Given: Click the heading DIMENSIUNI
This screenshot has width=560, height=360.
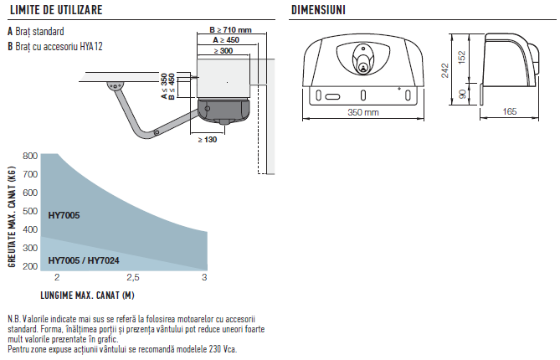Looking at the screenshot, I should pyautogui.click(x=320, y=9).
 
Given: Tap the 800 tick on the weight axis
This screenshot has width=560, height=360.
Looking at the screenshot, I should pyautogui.click(x=30, y=157).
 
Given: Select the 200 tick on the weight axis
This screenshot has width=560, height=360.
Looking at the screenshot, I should pyautogui.click(x=30, y=266).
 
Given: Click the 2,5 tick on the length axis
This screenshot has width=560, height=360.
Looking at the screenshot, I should pyautogui.click(x=132, y=277).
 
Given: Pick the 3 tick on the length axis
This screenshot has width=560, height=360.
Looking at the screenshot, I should pyautogui.click(x=206, y=277).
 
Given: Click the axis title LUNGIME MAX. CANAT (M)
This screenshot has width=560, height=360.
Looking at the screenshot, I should pyautogui.click(x=87, y=295).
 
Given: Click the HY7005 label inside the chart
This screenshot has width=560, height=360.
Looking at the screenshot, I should pyautogui.click(x=64, y=216).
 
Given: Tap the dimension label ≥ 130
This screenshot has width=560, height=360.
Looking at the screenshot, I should pyautogui.click(x=207, y=139).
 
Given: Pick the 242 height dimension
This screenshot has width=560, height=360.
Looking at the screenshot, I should pyautogui.click(x=446, y=71).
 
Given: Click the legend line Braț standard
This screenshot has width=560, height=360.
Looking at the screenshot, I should pyautogui.click(x=39, y=32).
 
